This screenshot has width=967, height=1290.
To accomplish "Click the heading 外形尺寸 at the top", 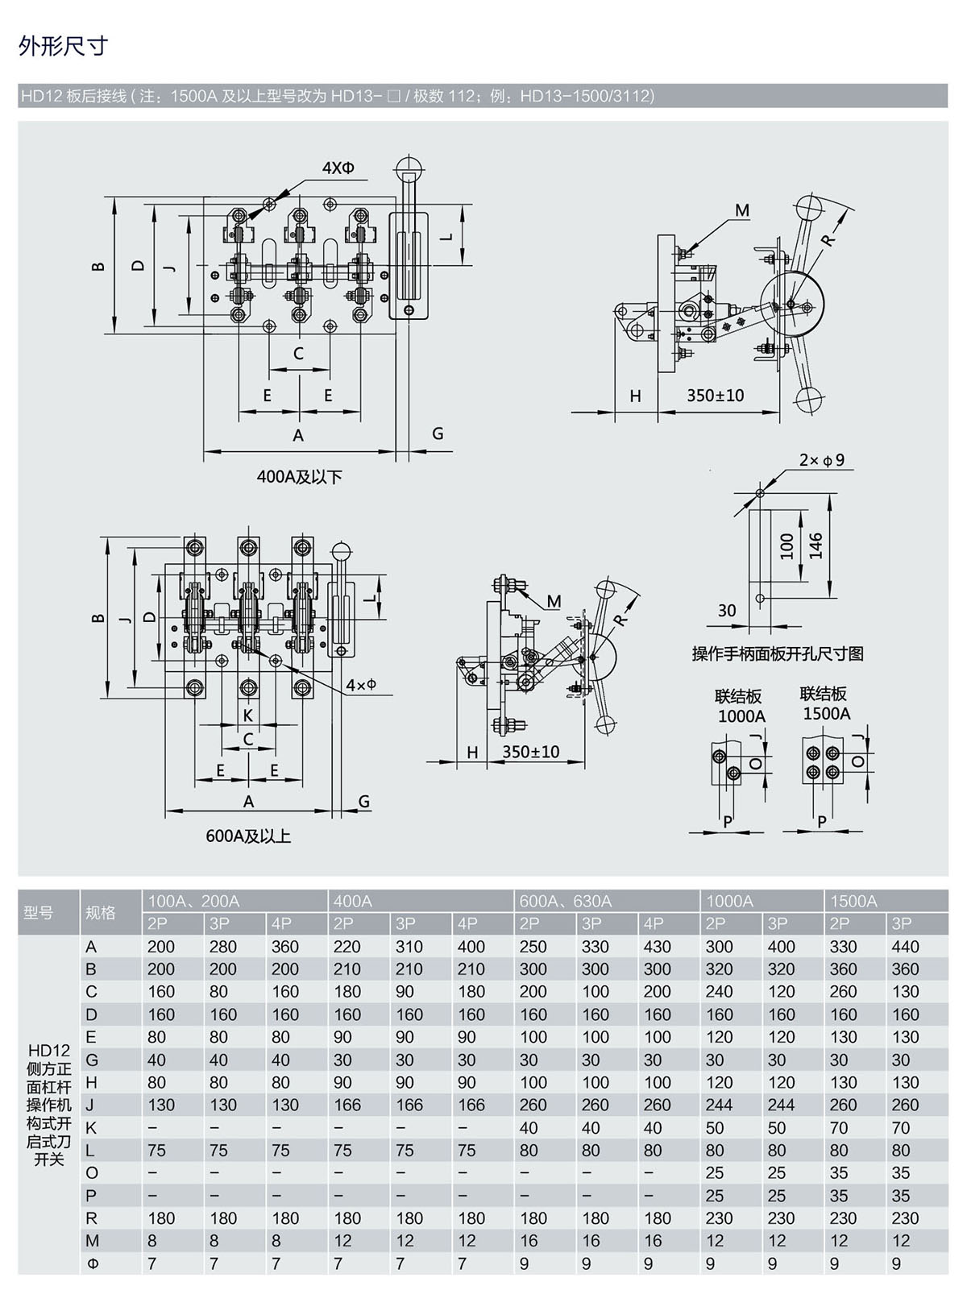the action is [64, 46].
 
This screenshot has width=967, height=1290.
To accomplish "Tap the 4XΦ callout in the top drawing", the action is [338, 168].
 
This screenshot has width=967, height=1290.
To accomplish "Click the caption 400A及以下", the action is [299, 477].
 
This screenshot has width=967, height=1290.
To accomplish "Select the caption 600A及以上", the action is [248, 836].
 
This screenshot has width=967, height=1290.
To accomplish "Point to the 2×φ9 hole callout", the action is [822, 460].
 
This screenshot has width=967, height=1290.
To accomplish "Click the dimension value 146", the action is [816, 546].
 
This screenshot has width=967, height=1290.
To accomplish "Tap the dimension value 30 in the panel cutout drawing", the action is [727, 611].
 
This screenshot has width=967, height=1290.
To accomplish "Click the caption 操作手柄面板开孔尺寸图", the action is [778, 653].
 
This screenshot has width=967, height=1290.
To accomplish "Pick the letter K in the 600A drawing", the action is [248, 716].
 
